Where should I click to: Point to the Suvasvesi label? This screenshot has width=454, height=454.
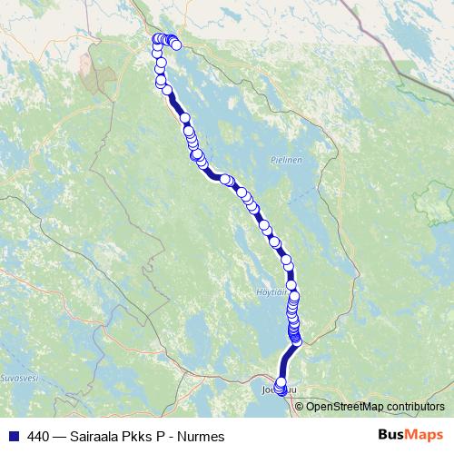16,375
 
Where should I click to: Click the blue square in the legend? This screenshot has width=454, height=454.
13,436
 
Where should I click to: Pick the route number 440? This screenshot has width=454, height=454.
38,436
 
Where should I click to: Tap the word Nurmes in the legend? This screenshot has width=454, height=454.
202,436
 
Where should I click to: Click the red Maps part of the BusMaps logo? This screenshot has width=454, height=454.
424,435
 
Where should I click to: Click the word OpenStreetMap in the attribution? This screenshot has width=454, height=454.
349,407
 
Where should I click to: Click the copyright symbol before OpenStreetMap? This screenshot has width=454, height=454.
300,407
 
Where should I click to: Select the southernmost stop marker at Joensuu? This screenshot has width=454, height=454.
281,390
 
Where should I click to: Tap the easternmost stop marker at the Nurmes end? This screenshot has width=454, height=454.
176,44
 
